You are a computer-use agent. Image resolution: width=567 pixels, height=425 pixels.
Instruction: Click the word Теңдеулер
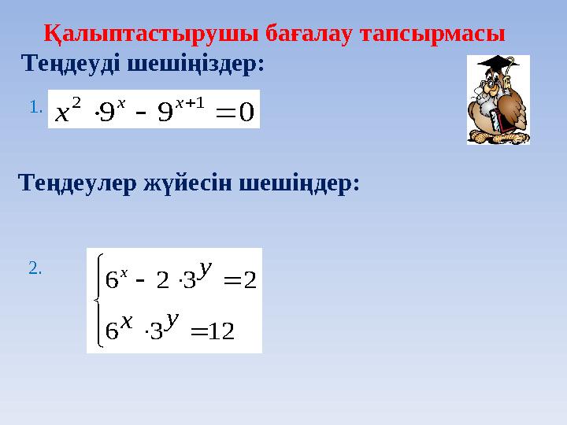point(76,184)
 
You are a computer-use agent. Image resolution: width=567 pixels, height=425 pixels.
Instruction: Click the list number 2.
point(34,269)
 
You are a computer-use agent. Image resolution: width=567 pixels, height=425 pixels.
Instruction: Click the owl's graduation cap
point(495,63)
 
